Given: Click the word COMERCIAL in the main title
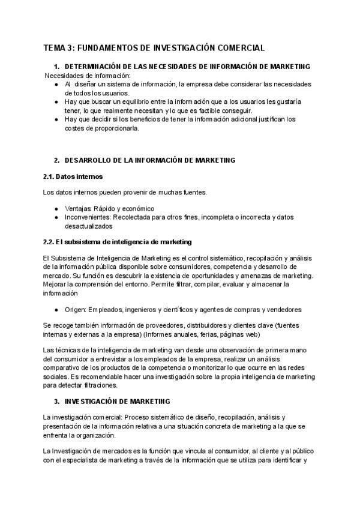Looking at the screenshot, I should pyautogui.click(x=236, y=47).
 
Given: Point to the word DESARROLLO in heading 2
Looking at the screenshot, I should pyautogui.click(x=88, y=160).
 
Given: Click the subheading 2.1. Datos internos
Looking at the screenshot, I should pyautogui.click(x=73, y=176).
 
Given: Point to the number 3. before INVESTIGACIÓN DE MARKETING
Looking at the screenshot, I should pyautogui.click(x=57, y=400).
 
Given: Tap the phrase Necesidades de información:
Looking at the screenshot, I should pyautogui.click(x=87, y=76).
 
